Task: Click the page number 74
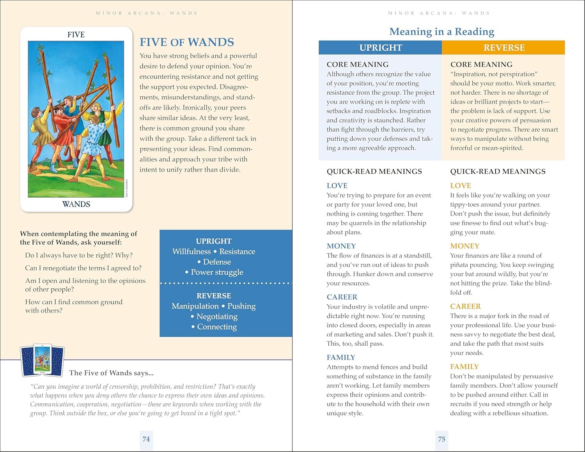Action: coord(146,439)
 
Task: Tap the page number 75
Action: coord(441,439)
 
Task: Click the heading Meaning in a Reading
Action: coord(441,32)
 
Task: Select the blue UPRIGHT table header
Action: coord(380,48)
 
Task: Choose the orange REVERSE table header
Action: coord(503,48)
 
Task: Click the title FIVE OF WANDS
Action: coord(187,42)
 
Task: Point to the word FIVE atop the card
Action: coord(76,35)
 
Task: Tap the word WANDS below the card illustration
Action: coord(76,204)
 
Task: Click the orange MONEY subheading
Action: coord(464,246)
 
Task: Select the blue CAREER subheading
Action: coord(342,297)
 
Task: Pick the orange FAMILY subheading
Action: coord(464,367)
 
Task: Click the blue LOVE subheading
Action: coord(337,186)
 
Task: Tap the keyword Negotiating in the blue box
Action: coord(217,316)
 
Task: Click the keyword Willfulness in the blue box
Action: coord(191,252)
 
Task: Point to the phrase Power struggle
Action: coord(217,272)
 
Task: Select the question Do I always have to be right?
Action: coord(79,255)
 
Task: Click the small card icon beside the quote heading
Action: coord(42,361)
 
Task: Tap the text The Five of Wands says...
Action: coord(111,373)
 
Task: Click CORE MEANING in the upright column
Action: coord(357,64)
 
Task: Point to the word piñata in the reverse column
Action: coord(461,265)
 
